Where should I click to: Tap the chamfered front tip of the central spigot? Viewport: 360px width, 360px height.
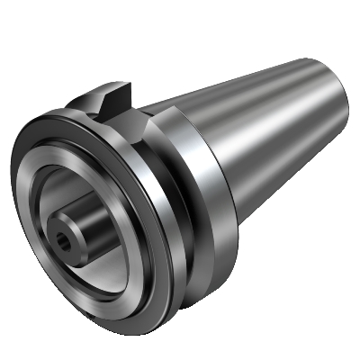coord(56,236)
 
